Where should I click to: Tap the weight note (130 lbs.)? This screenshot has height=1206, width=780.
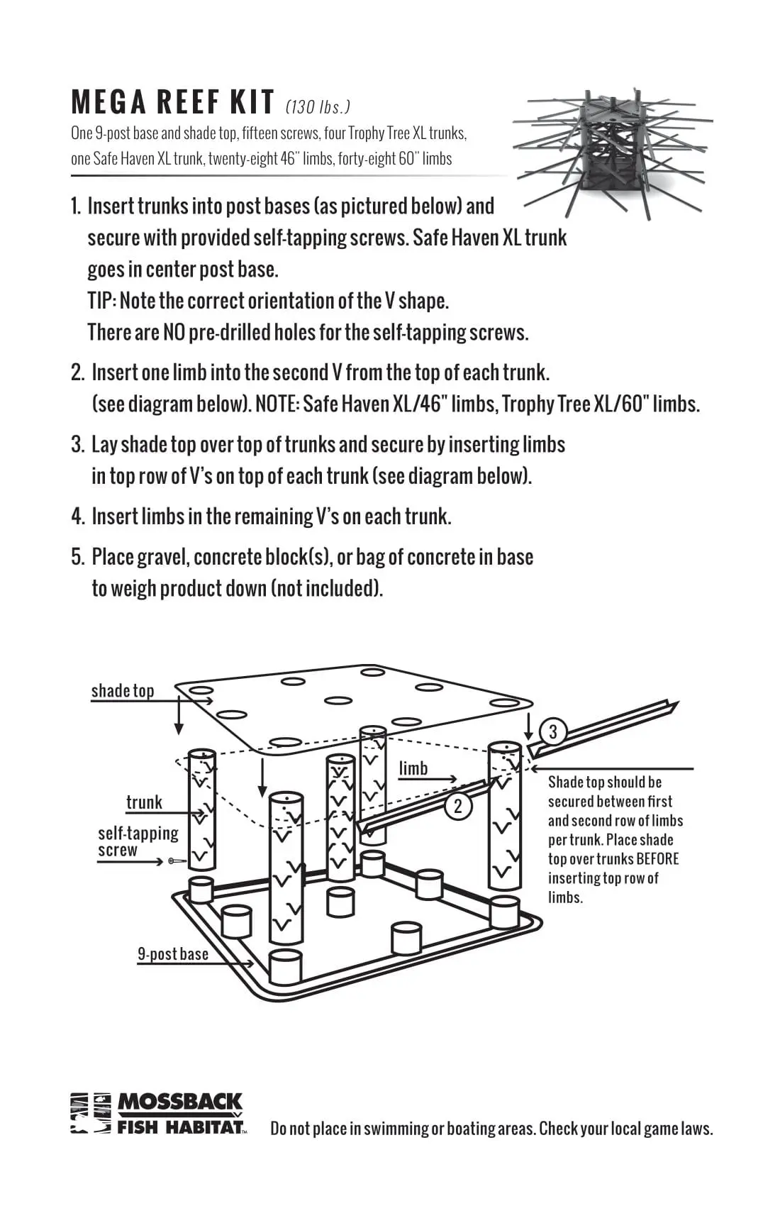(318, 107)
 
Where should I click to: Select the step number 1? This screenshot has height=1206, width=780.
(76, 206)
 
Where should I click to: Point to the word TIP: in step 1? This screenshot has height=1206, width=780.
(102, 301)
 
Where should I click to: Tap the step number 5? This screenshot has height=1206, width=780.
(78, 557)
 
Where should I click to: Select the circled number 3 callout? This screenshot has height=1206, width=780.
(553, 731)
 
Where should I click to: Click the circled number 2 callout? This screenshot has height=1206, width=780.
(458, 806)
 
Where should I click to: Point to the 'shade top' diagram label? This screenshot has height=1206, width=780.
(122, 691)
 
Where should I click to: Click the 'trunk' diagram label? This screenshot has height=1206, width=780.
(144, 802)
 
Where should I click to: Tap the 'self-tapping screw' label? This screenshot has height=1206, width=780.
(138, 841)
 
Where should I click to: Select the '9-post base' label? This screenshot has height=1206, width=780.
(173, 953)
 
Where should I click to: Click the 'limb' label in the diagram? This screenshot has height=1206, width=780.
(413, 768)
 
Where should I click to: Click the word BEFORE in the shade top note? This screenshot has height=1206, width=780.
(657, 859)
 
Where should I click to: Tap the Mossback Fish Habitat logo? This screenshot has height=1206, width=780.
(157, 1112)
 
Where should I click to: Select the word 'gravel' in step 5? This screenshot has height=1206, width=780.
(161, 557)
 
